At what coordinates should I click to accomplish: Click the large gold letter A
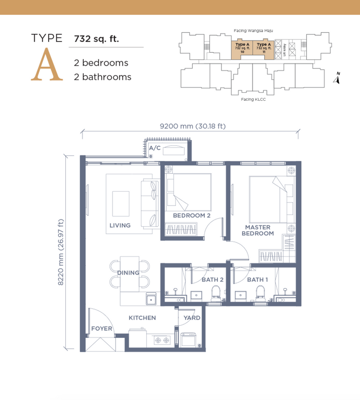[47, 64]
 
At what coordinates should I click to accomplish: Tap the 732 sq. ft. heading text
[96, 39]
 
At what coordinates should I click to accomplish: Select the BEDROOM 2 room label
[192, 216]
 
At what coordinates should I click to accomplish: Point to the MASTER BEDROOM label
[258, 230]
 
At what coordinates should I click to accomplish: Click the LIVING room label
[120, 225]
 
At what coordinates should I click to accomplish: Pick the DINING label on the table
[128, 273]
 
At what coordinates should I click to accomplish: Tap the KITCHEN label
[142, 318]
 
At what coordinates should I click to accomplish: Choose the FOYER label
[102, 328]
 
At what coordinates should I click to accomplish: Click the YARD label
[192, 318]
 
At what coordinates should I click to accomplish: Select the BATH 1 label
[257, 280]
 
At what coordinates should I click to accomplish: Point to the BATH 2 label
[212, 280]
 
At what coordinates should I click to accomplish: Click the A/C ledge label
[155, 148]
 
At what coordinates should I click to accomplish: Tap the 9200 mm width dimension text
[193, 126]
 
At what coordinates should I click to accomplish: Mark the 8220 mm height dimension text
[61, 252]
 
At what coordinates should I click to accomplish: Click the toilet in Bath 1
[260, 293]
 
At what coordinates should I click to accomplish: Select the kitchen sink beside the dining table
[151, 298]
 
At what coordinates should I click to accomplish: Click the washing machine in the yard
[188, 340]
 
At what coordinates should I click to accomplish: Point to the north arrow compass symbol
[337, 78]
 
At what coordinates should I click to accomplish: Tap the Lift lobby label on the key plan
[284, 50]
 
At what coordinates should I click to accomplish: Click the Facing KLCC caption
[253, 99]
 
